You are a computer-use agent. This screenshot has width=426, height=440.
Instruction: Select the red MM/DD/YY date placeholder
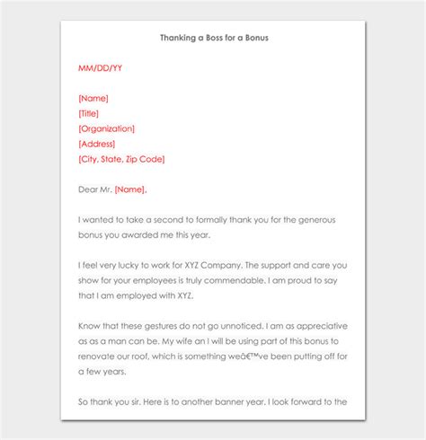click(100, 67)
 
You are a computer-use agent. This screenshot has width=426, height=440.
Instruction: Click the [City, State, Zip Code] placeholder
click(121, 159)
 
